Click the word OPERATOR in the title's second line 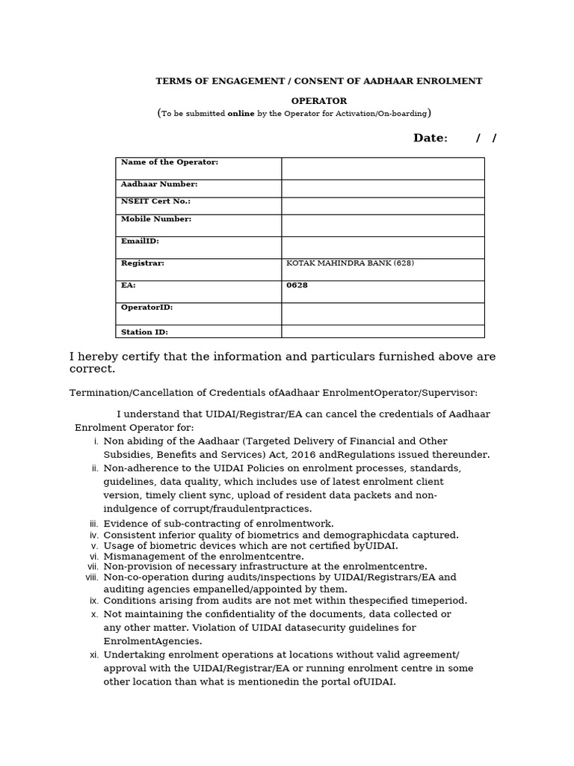(x=318, y=101)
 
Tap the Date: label (x=430, y=138)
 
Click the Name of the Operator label (x=170, y=162)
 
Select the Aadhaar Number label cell (x=159, y=184)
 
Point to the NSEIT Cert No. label (x=155, y=201)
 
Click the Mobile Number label (x=156, y=219)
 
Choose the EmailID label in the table (x=140, y=242)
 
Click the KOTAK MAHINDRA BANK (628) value (x=350, y=263)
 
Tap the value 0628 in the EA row (x=297, y=286)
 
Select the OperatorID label (x=146, y=307)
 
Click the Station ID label (x=144, y=332)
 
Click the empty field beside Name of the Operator (x=383, y=168)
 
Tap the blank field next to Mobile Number (x=383, y=225)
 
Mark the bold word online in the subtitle (x=241, y=114)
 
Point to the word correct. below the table (x=93, y=370)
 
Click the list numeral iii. (x=94, y=524)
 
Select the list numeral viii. (x=92, y=577)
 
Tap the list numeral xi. (x=94, y=655)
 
